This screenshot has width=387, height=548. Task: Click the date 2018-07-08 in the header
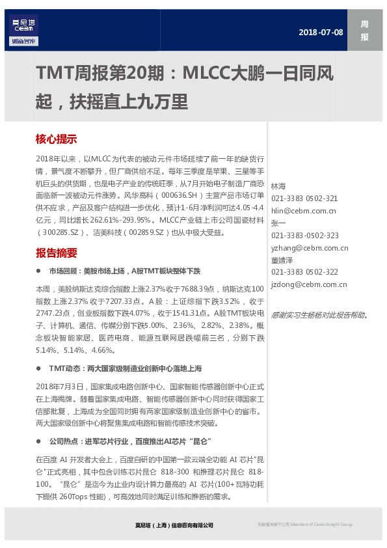pyautogui.click(x=321, y=32)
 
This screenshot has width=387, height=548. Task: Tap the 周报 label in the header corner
pyautogui.click(x=364, y=31)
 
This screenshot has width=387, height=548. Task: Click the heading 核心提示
pyautogui.click(x=56, y=139)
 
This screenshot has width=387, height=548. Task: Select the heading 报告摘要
pyautogui.click(x=56, y=253)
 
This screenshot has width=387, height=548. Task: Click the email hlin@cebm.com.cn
pyautogui.click(x=303, y=210)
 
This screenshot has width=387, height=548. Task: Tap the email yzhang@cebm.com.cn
pyautogui.click(x=309, y=247)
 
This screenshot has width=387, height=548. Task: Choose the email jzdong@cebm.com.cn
pyautogui.click(x=308, y=284)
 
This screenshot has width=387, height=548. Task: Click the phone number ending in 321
pyautogui.click(x=304, y=198)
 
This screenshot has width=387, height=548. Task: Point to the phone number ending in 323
pyautogui.click(x=304, y=235)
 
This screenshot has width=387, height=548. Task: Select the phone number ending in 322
pyautogui.click(x=304, y=272)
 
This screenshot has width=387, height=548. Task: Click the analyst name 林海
pyautogui.click(x=278, y=186)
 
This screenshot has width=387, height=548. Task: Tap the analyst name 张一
pyautogui.click(x=278, y=223)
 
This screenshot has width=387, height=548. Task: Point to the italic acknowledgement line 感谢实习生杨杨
pyautogui.click(x=318, y=315)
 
